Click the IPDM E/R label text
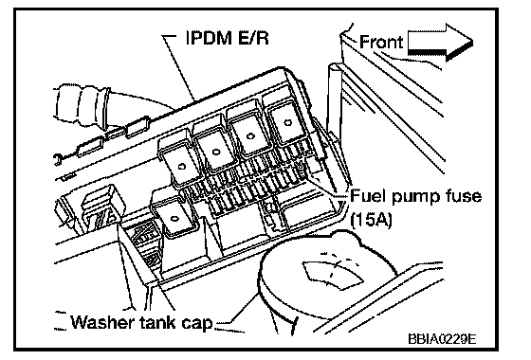click(228, 38)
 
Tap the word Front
click(381, 43)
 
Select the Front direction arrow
click(440, 43)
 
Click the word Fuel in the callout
click(368, 196)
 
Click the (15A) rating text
click(372, 220)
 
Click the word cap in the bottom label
click(198, 324)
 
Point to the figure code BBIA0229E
click(442, 338)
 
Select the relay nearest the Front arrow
click(285, 124)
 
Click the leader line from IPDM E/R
click(179, 67)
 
